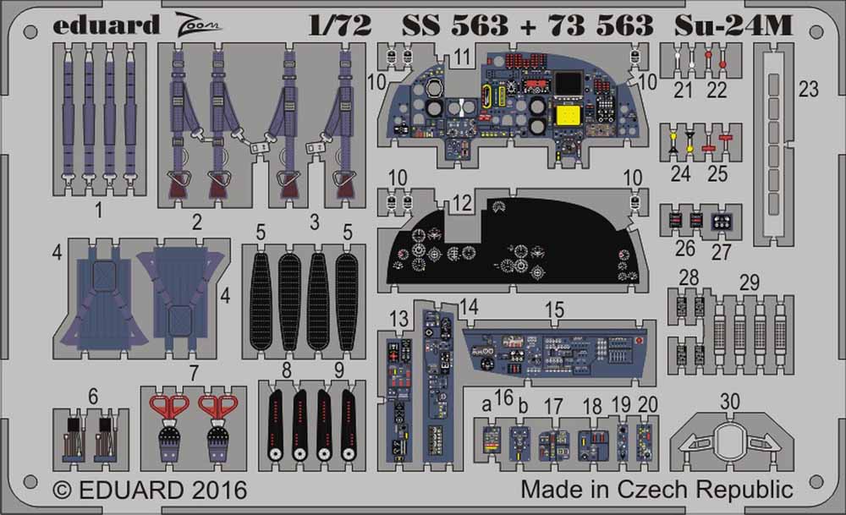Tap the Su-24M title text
(733, 25)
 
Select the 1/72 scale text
(342, 25)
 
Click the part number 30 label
(733, 401)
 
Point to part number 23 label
(809, 89)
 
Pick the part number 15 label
(554, 310)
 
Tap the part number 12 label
(461, 203)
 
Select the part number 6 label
(92, 395)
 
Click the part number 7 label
(194, 372)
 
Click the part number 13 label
(399, 317)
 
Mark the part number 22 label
(717, 90)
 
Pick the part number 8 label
(287, 370)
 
